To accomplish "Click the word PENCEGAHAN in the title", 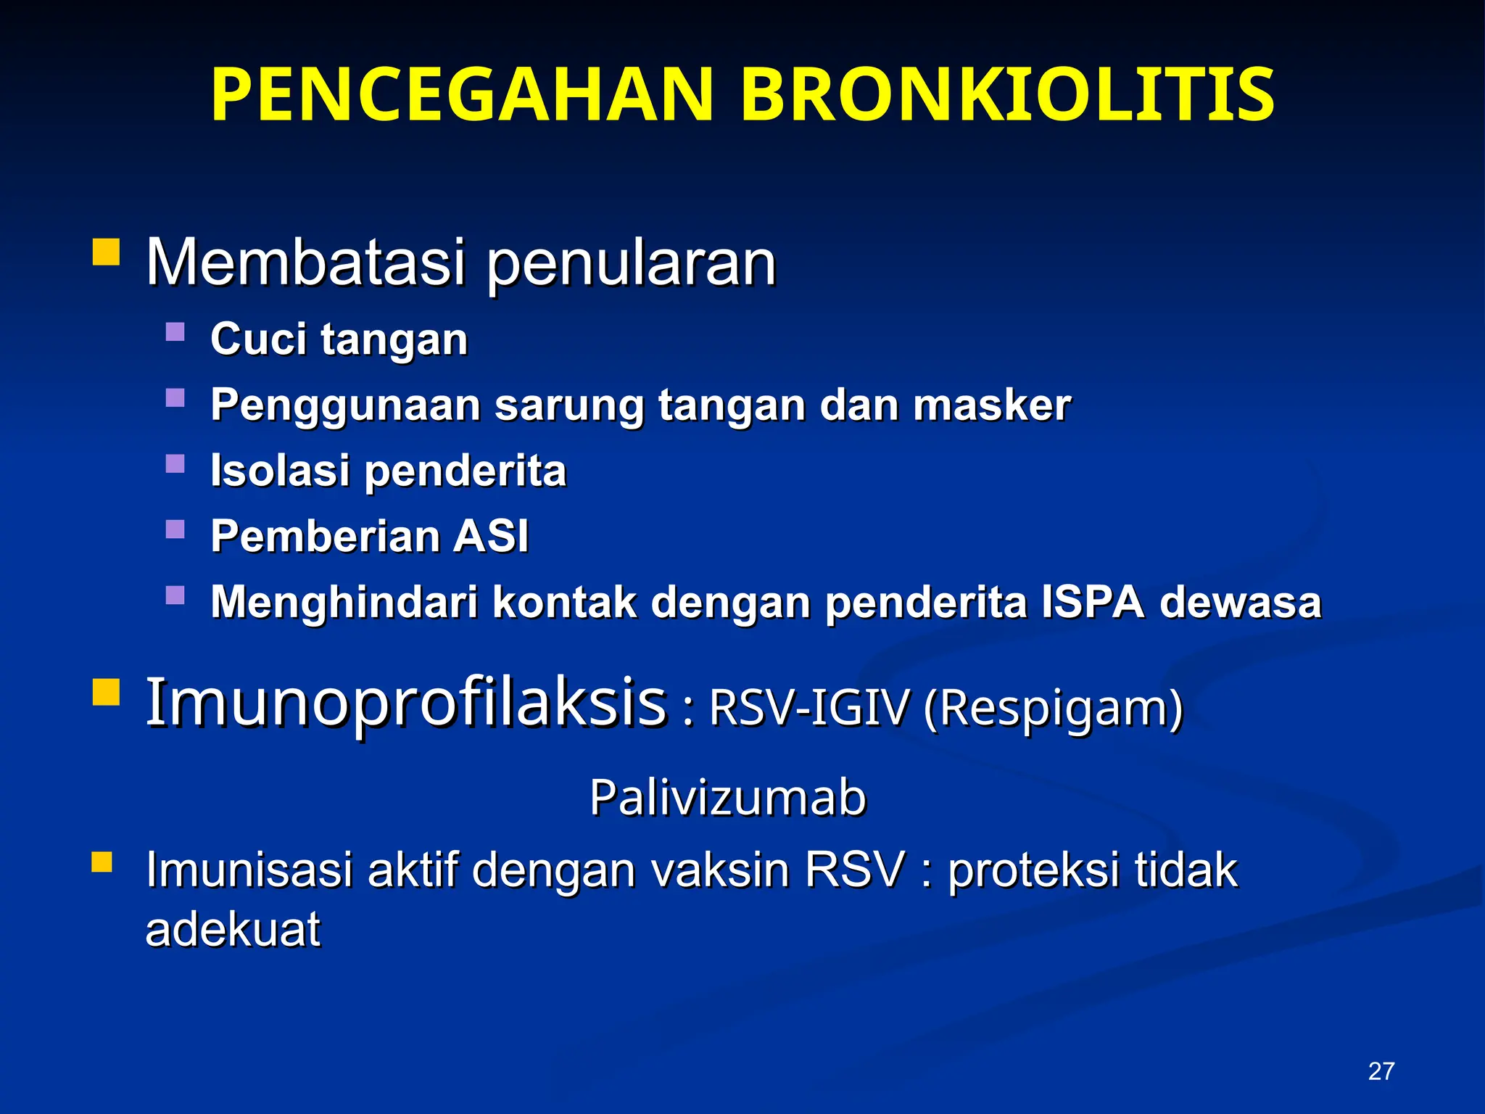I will click(462, 95).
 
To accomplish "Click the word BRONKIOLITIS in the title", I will click(1006, 95).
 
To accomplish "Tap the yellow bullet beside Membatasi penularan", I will click(106, 252).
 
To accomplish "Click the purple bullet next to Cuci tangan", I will click(175, 332).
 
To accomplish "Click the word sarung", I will click(568, 405).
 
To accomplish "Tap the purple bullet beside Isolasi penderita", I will click(175, 463).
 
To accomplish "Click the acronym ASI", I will click(491, 536).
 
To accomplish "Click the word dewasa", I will click(1241, 602).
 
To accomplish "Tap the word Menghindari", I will click(344, 602).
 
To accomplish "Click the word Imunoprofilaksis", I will click(406, 702).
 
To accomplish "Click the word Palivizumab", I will click(727, 798).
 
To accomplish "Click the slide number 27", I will click(1381, 1071).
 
